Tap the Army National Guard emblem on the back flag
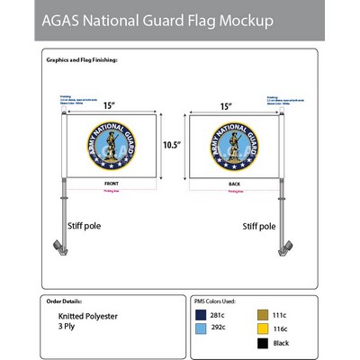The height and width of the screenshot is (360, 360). click(x=232, y=144)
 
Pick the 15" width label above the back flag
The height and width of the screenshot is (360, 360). click(x=227, y=105)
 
